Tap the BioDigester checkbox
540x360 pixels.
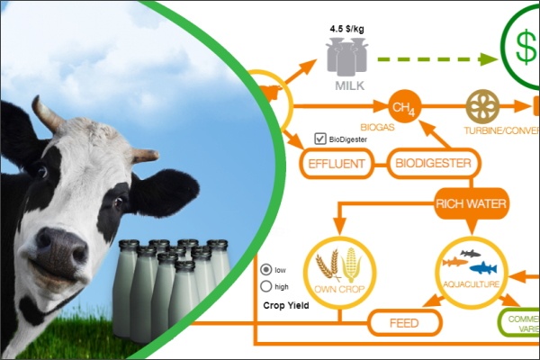(319, 139)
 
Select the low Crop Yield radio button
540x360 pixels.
(265, 269)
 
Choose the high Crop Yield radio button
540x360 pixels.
(265, 286)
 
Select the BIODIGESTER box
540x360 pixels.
(435, 164)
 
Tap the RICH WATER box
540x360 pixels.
(472, 203)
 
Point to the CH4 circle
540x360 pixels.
(403, 107)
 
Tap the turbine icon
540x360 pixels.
(483, 107)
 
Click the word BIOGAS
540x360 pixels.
(378, 127)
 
